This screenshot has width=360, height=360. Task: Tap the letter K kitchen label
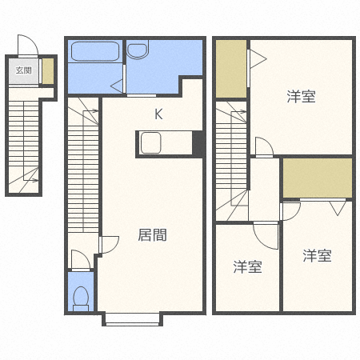(x=158, y=114)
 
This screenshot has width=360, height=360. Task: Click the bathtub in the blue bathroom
(x=94, y=52)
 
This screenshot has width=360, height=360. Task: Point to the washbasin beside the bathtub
(x=138, y=51)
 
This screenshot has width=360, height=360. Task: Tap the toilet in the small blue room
(x=80, y=296)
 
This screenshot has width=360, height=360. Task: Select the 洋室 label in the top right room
(x=302, y=97)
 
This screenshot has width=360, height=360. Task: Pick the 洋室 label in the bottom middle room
(x=248, y=266)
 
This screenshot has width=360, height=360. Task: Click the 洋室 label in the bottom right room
(x=317, y=256)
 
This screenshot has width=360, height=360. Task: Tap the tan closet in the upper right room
(x=230, y=69)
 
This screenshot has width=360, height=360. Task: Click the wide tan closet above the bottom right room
(x=317, y=178)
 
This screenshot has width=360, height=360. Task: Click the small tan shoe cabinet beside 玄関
(x=48, y=71)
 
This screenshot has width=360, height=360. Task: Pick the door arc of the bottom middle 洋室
(x=265, y=237)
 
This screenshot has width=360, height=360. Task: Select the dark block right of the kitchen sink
(x=198, y=144)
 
